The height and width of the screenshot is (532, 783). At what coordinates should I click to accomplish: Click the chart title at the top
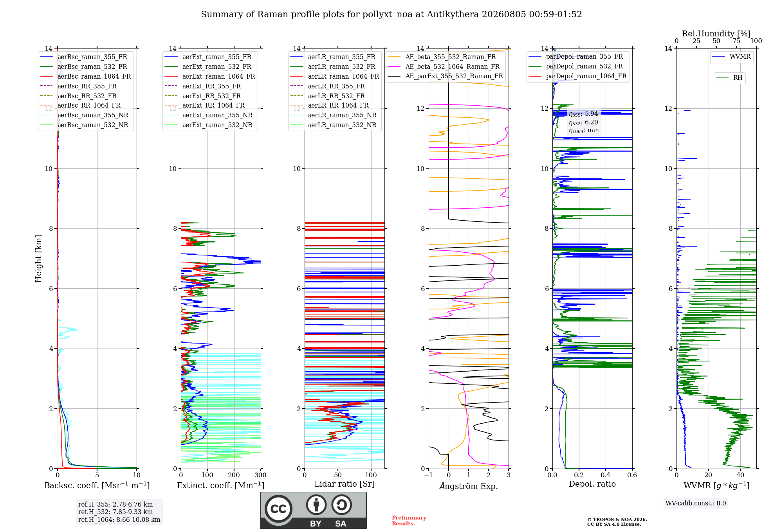pyautogui.click(x=391, y=14)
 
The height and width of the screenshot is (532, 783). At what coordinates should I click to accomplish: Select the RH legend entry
pyautogui.click(x=729, y=78)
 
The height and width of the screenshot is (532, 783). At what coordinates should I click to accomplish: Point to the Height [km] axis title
pyautogui.click(x=38, y=259)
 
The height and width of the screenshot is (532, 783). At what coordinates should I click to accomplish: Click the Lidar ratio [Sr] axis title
pyautogui.click(x=345, y=484)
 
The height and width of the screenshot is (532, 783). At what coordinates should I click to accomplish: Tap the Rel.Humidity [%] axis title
pyautogui.click(x=716, y=34)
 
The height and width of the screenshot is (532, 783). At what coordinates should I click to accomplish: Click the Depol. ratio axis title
pyautogui.click(x=592, y=484)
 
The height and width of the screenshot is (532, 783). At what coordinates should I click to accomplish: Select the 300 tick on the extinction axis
pyautogui.click(x=260, y=475)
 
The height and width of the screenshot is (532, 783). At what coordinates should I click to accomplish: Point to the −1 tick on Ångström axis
pyautogui.click(x=428, y=475)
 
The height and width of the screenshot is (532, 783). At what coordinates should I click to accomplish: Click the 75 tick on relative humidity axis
pyautogui.click(x=736, y=41)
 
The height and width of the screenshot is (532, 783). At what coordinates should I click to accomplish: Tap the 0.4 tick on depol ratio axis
pyautogui.click(x=606, y=475)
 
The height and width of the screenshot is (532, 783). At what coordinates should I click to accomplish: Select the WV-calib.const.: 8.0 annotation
pyautogui.click(x=696, y=503)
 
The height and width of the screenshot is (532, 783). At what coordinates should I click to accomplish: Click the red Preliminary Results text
pyautogui.click(x=409, y=521)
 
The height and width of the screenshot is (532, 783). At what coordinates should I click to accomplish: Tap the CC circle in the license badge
pyautogui.click(x=278, y=509)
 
